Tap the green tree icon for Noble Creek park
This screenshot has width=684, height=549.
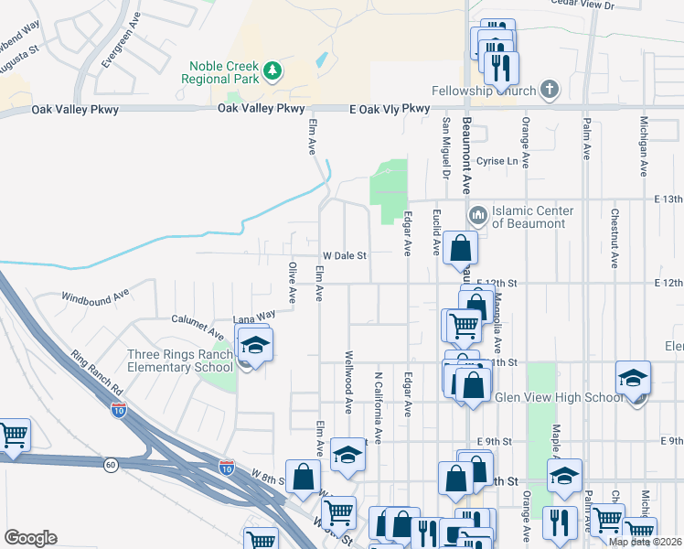[272, 70]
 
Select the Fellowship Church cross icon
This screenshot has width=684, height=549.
[548, 90]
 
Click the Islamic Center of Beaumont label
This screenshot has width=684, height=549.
[532, 217]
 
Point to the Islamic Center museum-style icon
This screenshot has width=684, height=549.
[477, 216]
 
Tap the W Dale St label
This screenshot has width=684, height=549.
[343, 256]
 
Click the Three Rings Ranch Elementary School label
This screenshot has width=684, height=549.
[180, 361]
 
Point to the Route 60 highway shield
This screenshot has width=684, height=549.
[110, 465]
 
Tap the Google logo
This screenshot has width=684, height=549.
[30, 538]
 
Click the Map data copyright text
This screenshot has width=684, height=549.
[645, 542]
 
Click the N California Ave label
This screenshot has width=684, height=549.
[377, 394]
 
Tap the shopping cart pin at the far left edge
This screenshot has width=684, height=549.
[13, 436]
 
